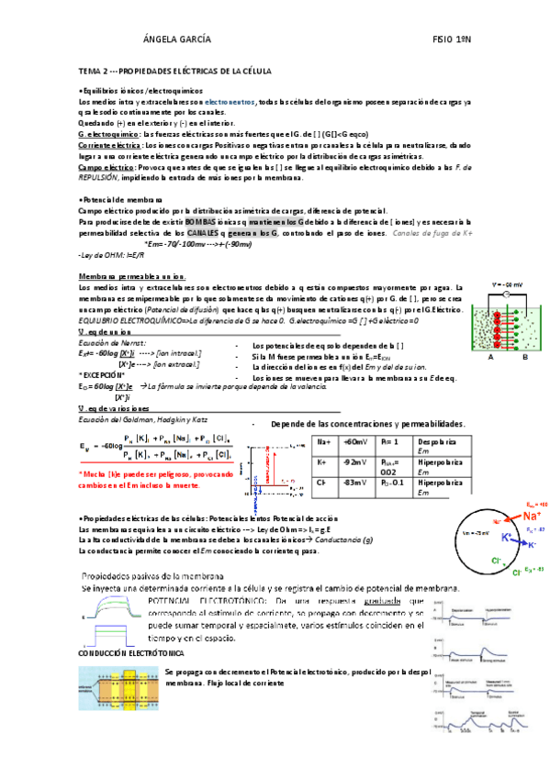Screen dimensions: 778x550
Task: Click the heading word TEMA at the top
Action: tap(90, 70)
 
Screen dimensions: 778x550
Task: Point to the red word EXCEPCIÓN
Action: tap(103, 375)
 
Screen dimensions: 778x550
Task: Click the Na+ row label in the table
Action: tap(323, 441)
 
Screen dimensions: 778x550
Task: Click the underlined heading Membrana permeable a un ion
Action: tap(133, 276)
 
